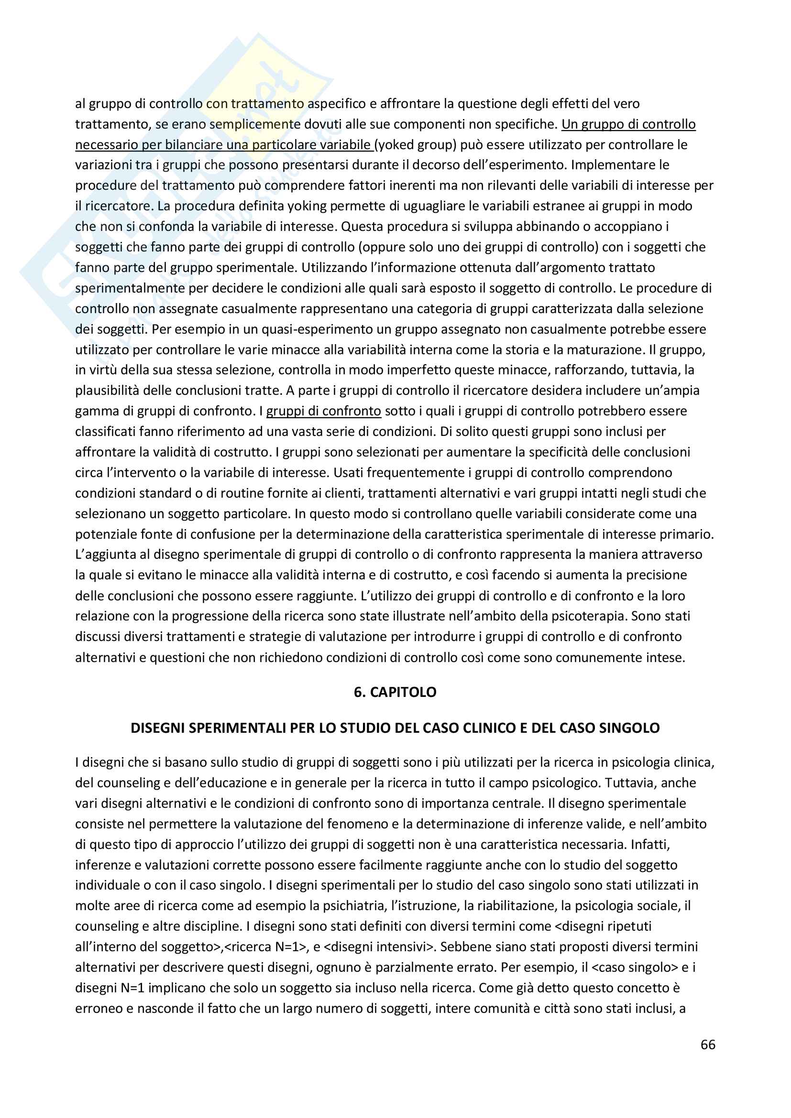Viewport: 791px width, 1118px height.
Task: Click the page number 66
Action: [x=708, y=1044]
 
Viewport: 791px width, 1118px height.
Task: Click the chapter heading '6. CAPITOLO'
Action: [x=395, y=692]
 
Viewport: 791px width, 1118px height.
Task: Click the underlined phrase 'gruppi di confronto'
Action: [x=323, y=412]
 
